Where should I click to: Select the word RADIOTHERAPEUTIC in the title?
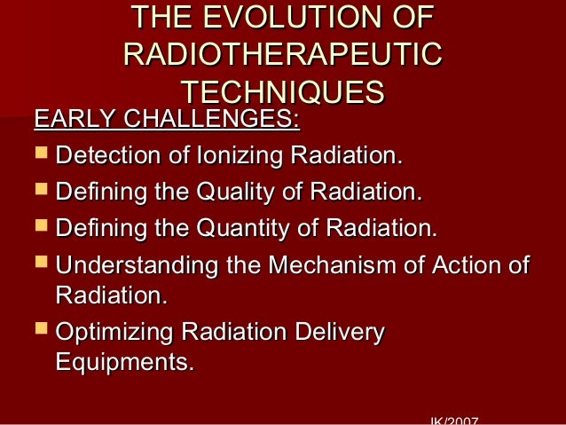pyautogui.click(x=283, y=55)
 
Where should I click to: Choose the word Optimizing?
pyautogui.click(x=114, y=334)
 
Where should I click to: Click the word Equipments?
pyautogui.click(x=123, y=362)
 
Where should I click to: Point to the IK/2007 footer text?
pyautogui.click(x=453, y=420)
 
